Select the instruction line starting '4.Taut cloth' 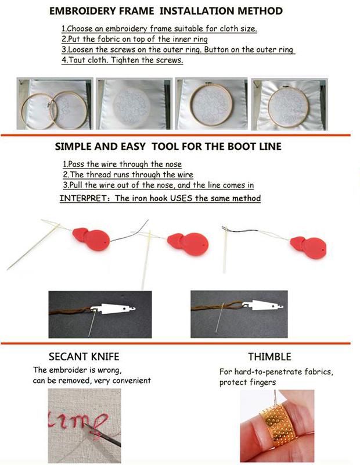[123, 60]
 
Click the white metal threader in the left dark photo [114, 309]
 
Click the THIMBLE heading [269, 357]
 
